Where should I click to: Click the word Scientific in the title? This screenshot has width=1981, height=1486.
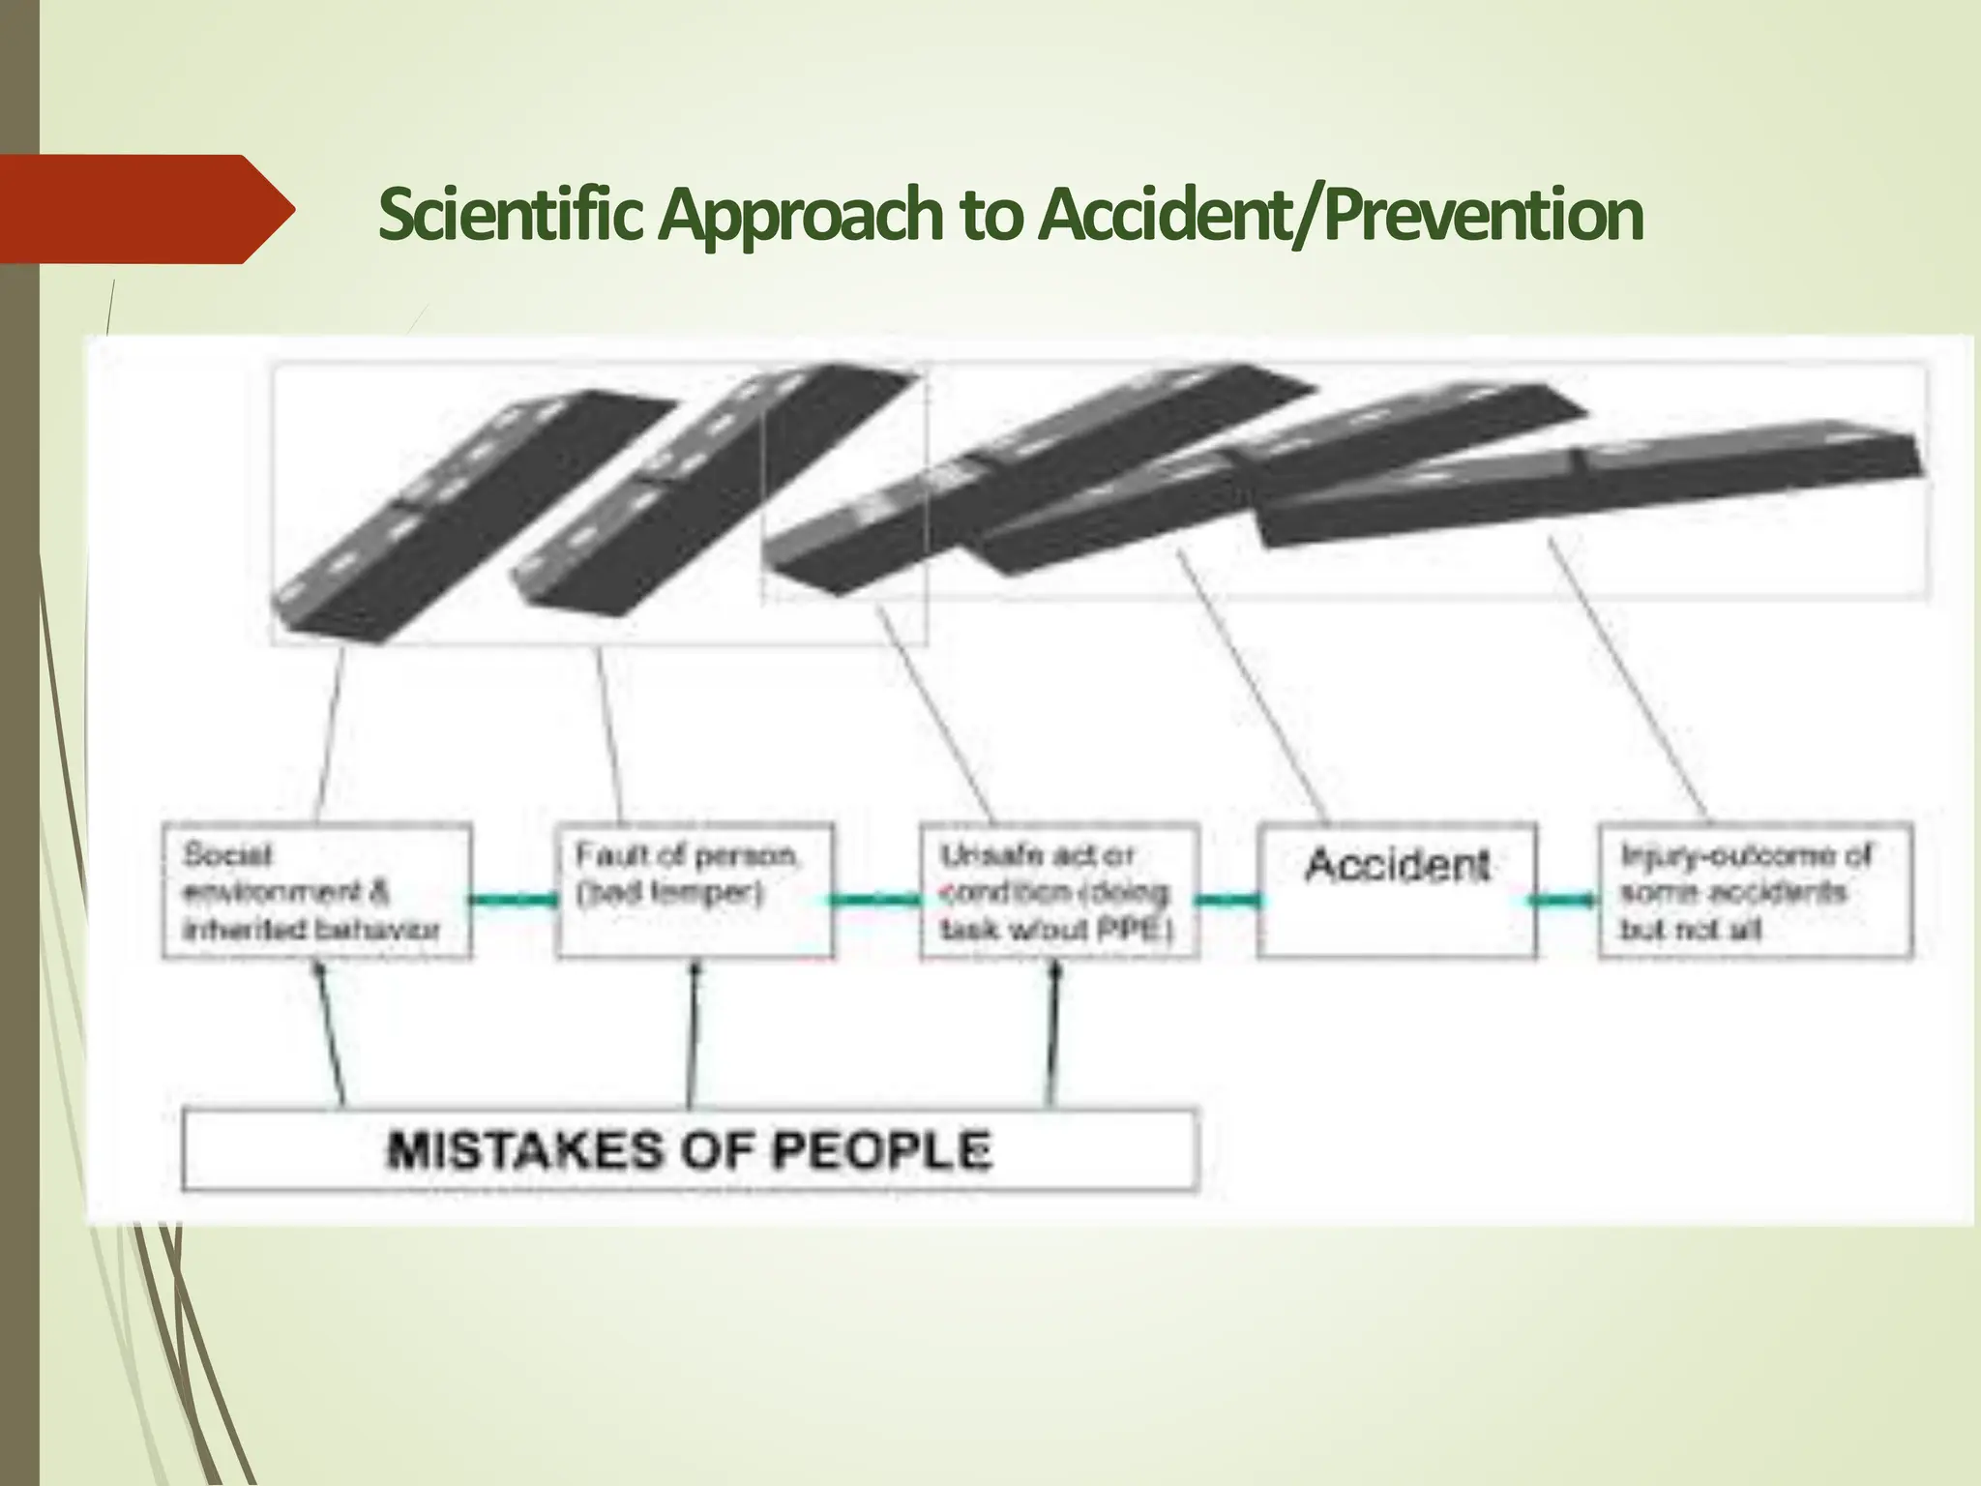coord(510,214)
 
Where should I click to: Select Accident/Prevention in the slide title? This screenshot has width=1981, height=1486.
coord(1340,214)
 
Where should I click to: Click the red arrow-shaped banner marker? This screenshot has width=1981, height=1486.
coord(145,209)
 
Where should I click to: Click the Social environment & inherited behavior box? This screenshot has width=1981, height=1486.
coord(316,891)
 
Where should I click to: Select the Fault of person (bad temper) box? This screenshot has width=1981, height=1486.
coord(694,891)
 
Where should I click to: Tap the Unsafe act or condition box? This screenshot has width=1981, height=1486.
coord(1059,891)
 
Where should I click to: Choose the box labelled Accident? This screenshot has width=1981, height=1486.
coord(1397,891)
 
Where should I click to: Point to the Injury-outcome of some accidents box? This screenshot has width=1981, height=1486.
coord(1755,891)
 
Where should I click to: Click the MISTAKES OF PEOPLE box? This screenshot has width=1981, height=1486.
coord(690,1149)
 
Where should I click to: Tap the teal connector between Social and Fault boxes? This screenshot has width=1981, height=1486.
coord(514,901)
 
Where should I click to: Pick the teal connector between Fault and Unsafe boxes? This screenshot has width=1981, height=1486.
coord(875,901)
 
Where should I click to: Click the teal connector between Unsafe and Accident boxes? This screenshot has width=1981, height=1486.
coord(1228,901)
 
